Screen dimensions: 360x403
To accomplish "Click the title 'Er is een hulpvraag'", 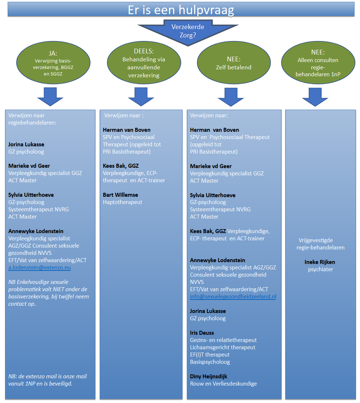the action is pos(181,10).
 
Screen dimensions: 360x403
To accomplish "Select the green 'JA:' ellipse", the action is pos(53,63).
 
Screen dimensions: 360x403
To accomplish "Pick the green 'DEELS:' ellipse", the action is pos(144,63).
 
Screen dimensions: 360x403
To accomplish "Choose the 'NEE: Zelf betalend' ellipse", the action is pos(234,63).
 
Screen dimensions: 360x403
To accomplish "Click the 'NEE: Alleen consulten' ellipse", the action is pos(318,63).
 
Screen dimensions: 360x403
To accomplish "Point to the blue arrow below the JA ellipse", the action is pos(50,97).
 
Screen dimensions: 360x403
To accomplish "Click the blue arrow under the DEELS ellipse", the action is pos(141,97).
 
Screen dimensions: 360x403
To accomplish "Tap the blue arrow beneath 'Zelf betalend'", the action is pos(231,97).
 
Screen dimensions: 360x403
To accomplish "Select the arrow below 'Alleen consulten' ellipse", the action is pos(315,97).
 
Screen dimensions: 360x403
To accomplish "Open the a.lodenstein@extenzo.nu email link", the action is pos(39,268).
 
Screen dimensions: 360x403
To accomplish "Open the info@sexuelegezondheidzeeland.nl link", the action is pos(233,297).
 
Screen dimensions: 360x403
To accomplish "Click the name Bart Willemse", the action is pos(120,195).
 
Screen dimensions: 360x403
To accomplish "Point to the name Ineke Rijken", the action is pos(320,262).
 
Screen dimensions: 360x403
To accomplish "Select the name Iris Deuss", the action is pos(202,333).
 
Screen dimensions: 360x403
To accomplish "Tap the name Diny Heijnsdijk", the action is pos(208,376).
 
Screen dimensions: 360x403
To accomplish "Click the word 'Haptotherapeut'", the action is pos(122,202).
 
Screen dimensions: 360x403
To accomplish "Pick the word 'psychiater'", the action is pos(320,269).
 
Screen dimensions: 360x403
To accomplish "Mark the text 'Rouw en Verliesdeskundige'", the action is pos(223,384).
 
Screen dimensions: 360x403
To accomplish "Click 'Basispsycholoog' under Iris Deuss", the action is pos(210,362).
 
